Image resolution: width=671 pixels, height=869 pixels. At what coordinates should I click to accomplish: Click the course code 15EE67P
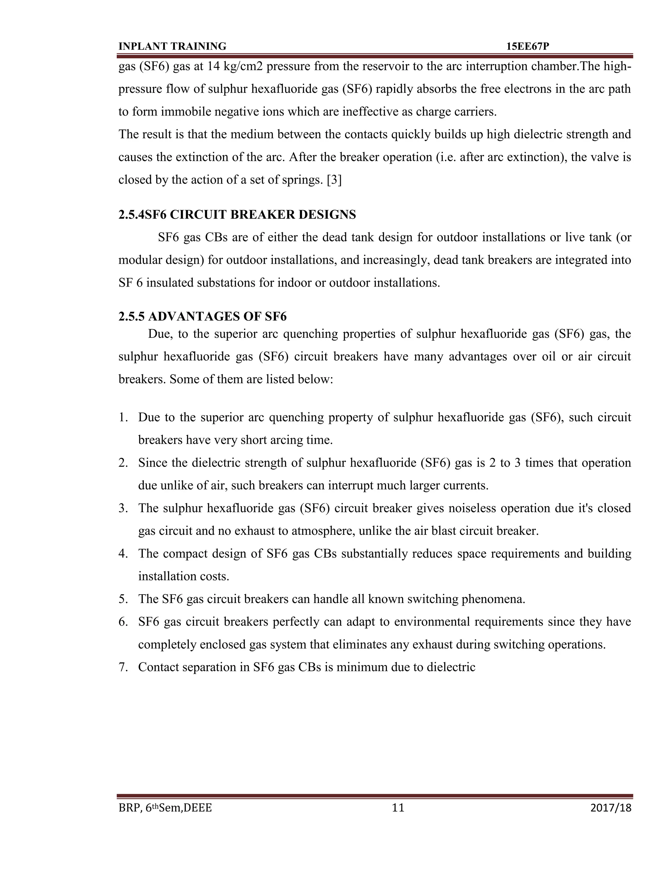point(527,47)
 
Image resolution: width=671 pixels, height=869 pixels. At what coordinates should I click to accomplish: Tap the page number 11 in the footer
point(398,808)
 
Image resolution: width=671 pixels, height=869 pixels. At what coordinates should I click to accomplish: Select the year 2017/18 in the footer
point(611,808)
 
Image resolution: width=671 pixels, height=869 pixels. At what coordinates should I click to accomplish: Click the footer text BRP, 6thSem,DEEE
point(165,808)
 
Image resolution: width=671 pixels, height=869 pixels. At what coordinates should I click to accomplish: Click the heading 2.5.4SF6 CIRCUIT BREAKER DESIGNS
point(237,215)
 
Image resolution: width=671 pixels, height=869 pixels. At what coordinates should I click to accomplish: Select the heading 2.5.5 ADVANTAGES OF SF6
point(202,316)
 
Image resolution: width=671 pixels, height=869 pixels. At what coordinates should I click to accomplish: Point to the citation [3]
point(334,180)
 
